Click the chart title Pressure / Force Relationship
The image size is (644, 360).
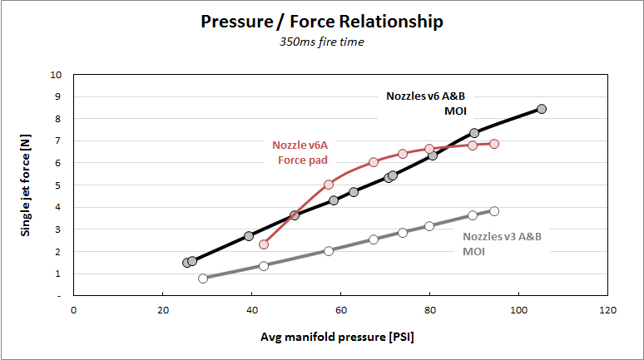click(322, 22)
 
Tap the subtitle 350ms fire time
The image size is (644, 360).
click(322, 42)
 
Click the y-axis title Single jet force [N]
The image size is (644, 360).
click(28, 184)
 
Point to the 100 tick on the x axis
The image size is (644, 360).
click(519, 311)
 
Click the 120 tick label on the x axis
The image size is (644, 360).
click(608, 311)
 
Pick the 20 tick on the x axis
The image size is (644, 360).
click(162, 311)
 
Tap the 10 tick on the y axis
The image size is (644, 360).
click(56, 75)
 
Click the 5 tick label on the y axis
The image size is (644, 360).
click(57, 185)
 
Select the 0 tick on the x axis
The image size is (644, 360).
click(74, 311)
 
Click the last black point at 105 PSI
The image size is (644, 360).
click(542, 109)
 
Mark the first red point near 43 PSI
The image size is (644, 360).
click(264, 244)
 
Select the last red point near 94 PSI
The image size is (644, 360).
click(494, 144)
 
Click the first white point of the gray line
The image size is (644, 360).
click(203, 279)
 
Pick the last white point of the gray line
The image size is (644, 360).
click(494, 211)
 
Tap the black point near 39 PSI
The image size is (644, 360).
click(249, 236)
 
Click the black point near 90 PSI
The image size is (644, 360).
click(474, 133)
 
